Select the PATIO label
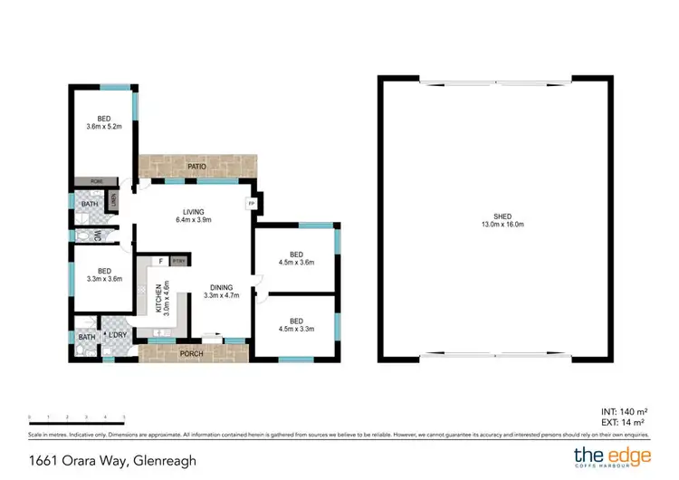(197, 167)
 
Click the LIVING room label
(192, 212)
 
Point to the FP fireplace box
(250, 203)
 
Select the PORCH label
(191, 352)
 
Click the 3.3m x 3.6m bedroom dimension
(103, 279)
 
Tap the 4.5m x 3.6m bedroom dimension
(295, 264)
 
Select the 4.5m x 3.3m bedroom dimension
(295, 330)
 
